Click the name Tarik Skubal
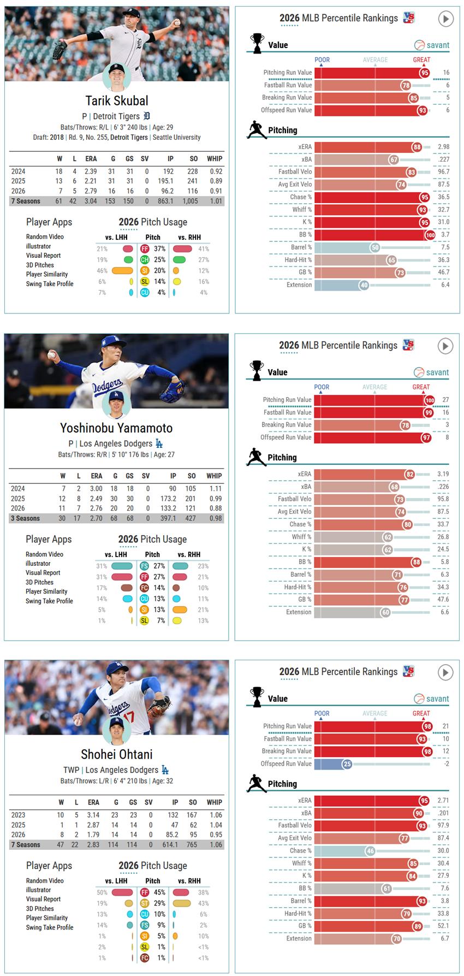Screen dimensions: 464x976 [x=117, y=100]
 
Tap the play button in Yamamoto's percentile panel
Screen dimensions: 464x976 [x=445, y=346]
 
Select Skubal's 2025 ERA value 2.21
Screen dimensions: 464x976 [x=91, y=181]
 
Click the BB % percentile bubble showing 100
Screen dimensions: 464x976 [x=430, y=235]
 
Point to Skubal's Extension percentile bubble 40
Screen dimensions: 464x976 [x=364, y=285]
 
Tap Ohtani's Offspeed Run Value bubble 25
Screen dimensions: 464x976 [x=347, y=764]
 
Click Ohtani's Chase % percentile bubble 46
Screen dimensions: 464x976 [x=370, y=851]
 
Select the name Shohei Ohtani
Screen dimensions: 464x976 [x=116, y=754]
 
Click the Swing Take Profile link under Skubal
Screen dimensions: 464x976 [x=50, y=284]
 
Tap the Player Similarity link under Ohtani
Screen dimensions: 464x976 [x=47, y=918]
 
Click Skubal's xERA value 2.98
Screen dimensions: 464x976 [x=443, y=147]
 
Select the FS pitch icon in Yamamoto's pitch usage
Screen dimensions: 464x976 [x=144, y=566]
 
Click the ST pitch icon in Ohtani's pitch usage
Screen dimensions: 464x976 [x=145, y=903]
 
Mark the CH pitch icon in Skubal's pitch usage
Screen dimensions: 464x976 [x=145, y=260]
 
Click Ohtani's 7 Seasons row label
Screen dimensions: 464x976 [x=26, y=845]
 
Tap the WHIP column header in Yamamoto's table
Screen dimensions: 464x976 [x=214, y=476]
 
